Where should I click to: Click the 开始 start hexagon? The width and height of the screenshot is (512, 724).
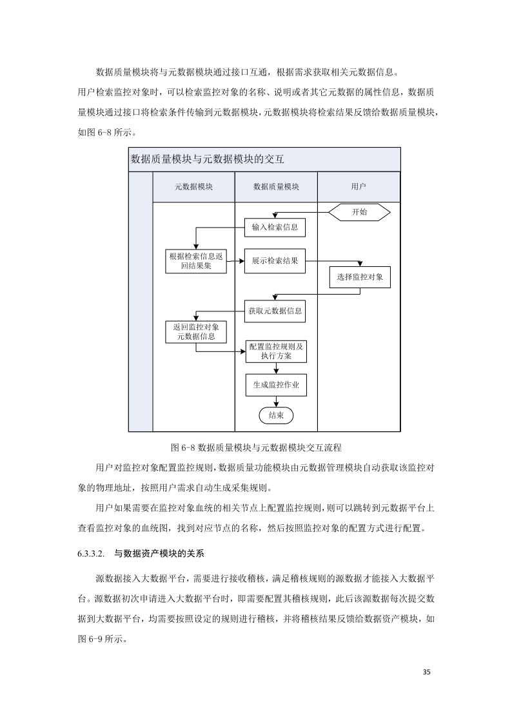point(359,212)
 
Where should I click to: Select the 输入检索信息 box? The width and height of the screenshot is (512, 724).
point(275,227)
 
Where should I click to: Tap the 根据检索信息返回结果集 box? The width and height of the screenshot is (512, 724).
point(197,260)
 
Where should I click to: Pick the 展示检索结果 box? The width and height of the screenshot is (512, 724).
point(275,260)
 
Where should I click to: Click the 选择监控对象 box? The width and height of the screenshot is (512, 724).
point(360,277)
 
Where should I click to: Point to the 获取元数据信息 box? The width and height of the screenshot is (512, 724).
point(275,311)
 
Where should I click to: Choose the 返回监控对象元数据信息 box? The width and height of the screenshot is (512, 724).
point(196,331)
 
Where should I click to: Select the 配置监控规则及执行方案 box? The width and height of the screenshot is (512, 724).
point(276,351)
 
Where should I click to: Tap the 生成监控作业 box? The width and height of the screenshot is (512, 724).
point(276,385)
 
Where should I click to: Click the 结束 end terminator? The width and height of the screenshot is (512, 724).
point(276,415)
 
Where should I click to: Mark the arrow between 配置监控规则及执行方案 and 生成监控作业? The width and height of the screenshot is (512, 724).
point(276,367)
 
